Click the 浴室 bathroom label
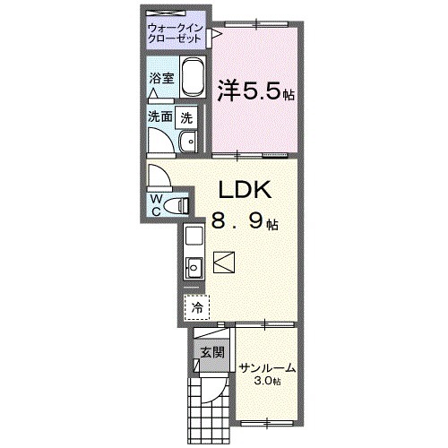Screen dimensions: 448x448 coord(160,79)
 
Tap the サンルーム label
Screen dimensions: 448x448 coord(267,367)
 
